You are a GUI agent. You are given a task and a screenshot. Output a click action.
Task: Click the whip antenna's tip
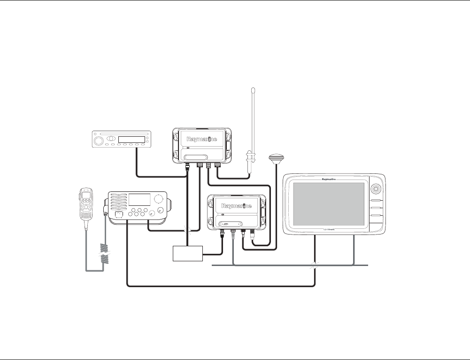[x=253, y=89]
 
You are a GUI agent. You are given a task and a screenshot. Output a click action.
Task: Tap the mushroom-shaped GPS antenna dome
[x=276, y=157]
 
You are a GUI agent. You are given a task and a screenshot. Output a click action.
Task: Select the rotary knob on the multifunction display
[x=376, y=189]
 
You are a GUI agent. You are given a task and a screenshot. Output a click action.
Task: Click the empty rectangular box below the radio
[x=188, y=254]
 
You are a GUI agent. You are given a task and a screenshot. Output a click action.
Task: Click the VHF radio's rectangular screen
[x=139, y=199]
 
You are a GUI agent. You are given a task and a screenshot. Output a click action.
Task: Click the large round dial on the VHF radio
[x=160, y=198]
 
